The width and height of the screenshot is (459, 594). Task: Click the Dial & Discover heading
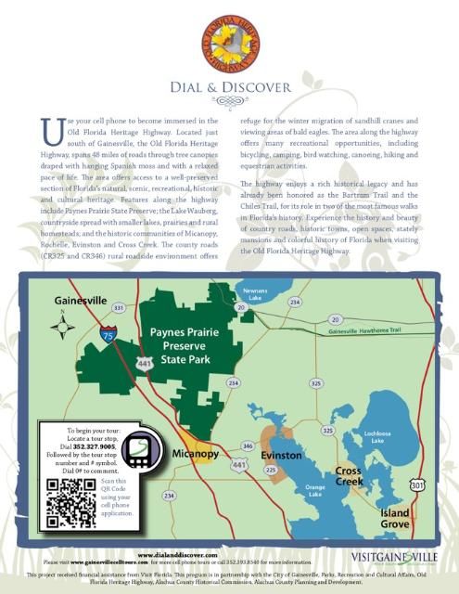tap(229, 90)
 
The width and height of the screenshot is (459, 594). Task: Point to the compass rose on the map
tap(64, 326)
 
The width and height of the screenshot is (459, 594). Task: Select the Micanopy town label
tap(195, 454)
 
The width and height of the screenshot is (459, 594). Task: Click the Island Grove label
tap(395, 518)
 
